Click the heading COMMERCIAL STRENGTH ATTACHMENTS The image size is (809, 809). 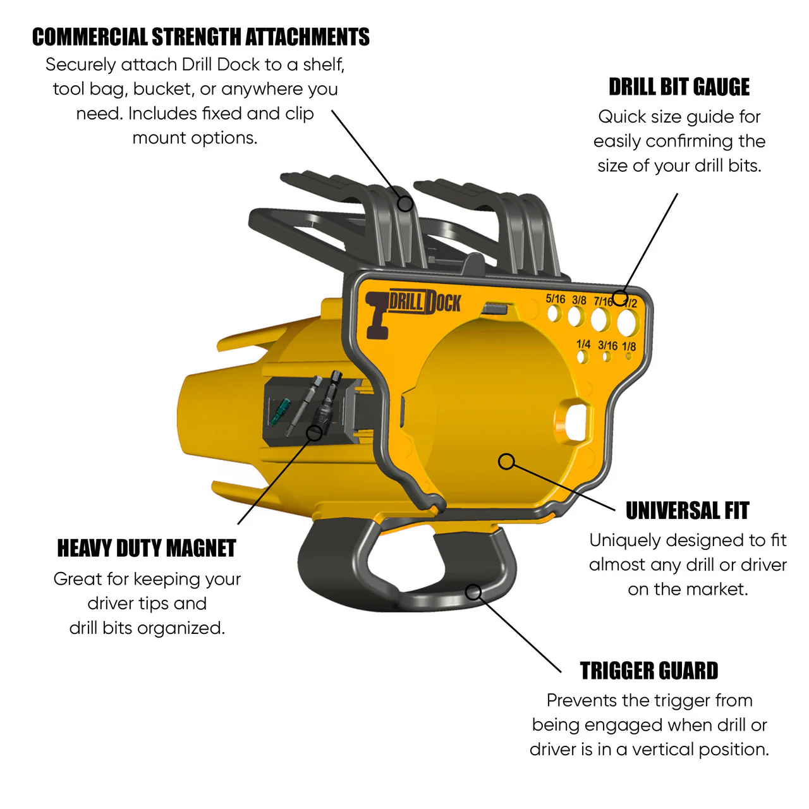click(x=201, y=37)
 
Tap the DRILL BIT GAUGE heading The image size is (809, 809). click(x=679, y=87)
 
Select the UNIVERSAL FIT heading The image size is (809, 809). click(x=687, y=511)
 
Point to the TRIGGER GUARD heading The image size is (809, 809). click(x=648, y=671)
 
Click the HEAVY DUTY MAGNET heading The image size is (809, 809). click(x=147, y=549)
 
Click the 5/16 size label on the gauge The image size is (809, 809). click(x=555, y=298)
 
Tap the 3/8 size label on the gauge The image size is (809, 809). click(x=579, y=300)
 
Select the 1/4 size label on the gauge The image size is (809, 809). click(x=583, y=344)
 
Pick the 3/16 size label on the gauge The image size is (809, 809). click(x=607, y=346)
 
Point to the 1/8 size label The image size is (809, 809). click(x=628, y=346)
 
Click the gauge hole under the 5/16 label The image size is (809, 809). click(x=554, y=313)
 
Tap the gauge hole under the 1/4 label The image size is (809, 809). click(x=582, y=357)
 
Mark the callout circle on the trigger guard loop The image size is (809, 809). click(x=473, y=592)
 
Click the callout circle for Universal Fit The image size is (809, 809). click(x=506, y=462)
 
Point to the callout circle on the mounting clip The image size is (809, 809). click(x=405, y=204)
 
